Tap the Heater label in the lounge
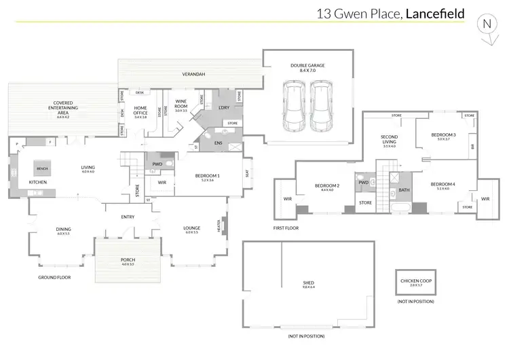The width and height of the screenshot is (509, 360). point(219,225)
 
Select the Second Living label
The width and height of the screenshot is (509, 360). point(389,139)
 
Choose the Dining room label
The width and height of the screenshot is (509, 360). point(63,230)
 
